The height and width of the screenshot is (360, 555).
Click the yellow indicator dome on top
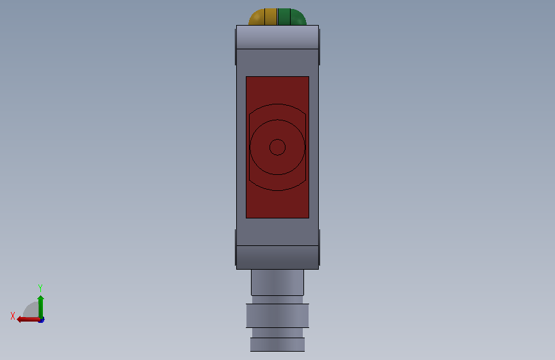click(262, 17)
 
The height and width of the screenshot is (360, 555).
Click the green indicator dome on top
click(292, 17)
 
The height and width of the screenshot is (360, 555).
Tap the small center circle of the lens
click(278, 147)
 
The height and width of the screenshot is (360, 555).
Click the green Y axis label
click(40, 288)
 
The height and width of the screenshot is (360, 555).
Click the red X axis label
click(13, 316)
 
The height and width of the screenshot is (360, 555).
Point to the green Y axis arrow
click(41, 307)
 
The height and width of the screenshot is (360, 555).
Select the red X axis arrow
click(28, 320)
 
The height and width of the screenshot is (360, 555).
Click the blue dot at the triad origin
click(42, 320)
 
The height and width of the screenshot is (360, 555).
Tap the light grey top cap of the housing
click(278, 37)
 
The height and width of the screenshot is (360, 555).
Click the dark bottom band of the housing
click(278, 258)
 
